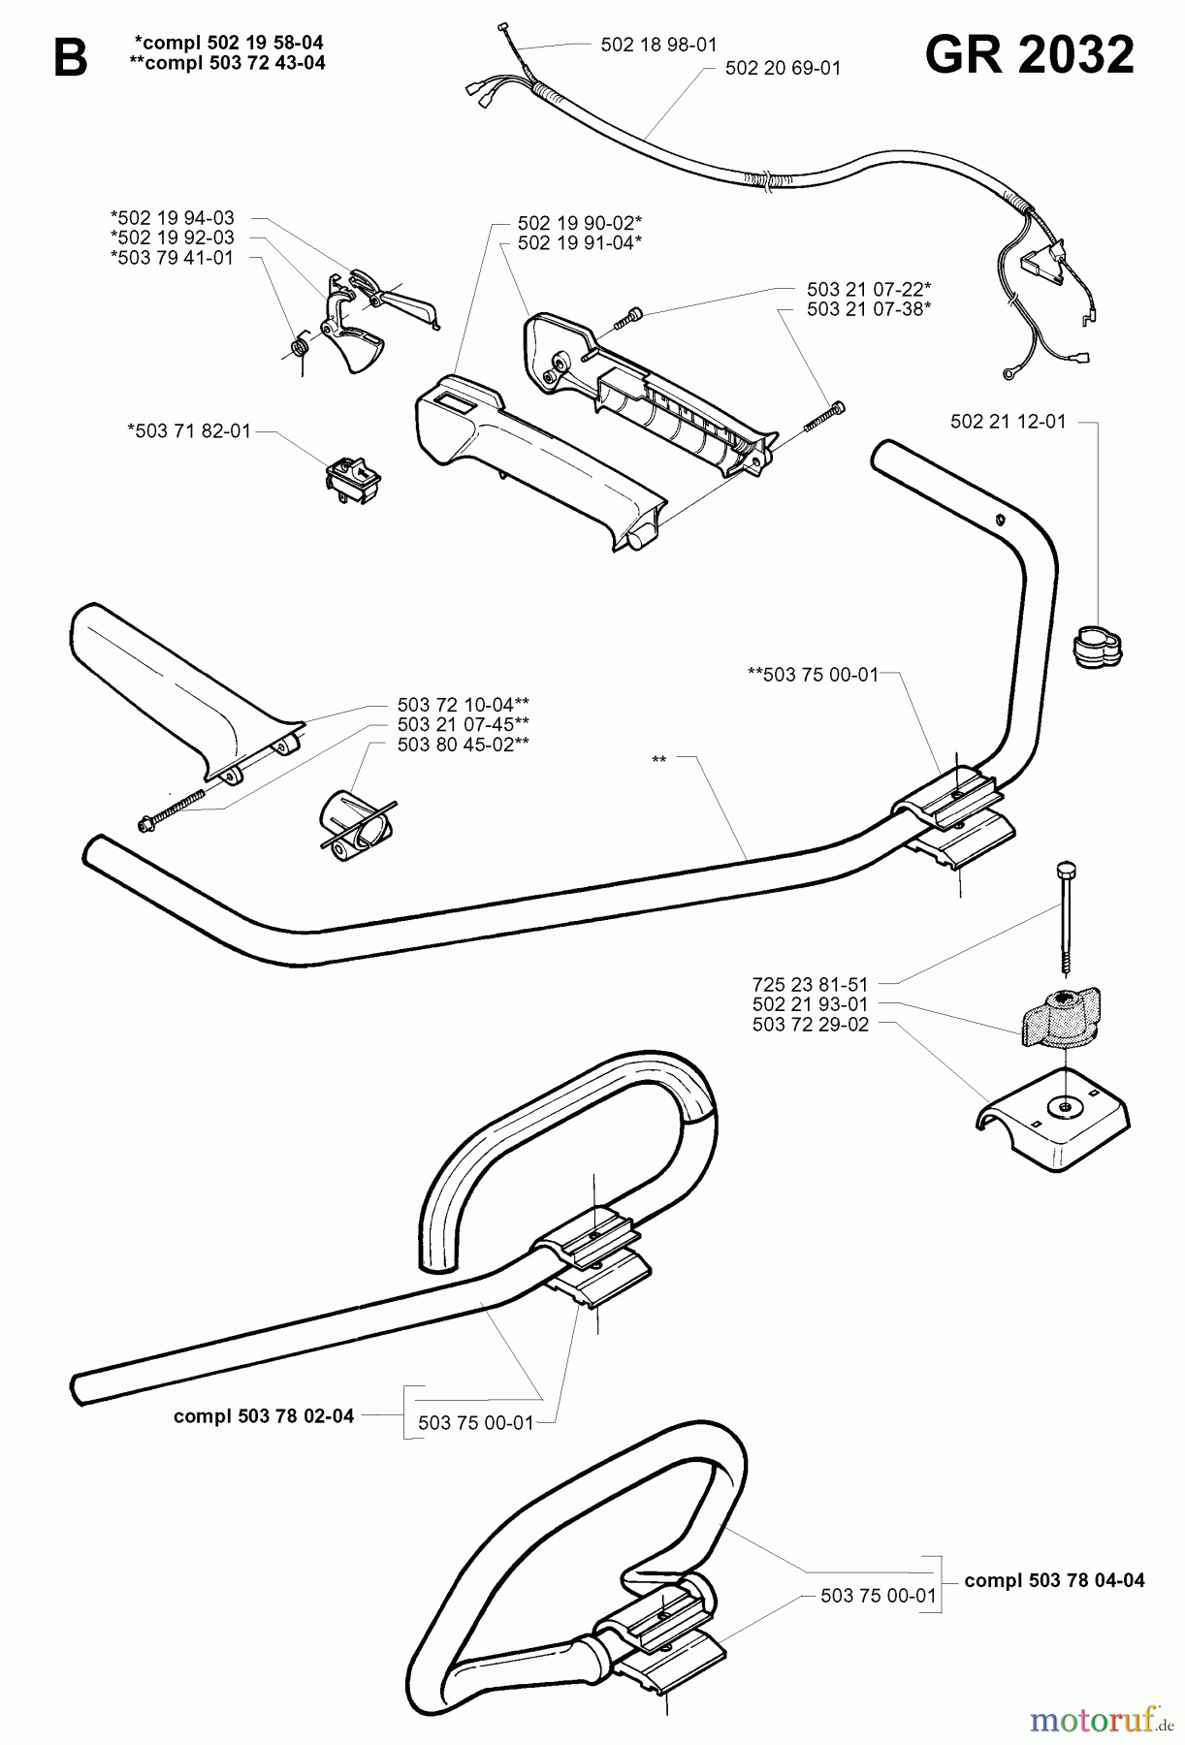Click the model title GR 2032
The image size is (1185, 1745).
1029,55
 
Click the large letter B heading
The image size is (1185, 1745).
70,59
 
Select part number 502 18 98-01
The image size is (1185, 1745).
658,45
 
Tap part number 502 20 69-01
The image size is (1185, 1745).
783,68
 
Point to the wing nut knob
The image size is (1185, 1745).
1065,1018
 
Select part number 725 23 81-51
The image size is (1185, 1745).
810,983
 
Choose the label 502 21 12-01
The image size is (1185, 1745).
1008,422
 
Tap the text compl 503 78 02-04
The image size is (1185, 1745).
264,1415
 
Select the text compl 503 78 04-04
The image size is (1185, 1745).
1054,1580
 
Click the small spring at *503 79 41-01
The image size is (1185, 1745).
302,345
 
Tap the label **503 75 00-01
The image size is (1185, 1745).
813,675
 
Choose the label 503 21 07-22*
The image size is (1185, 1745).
869,289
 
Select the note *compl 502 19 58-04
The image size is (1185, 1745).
229,43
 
